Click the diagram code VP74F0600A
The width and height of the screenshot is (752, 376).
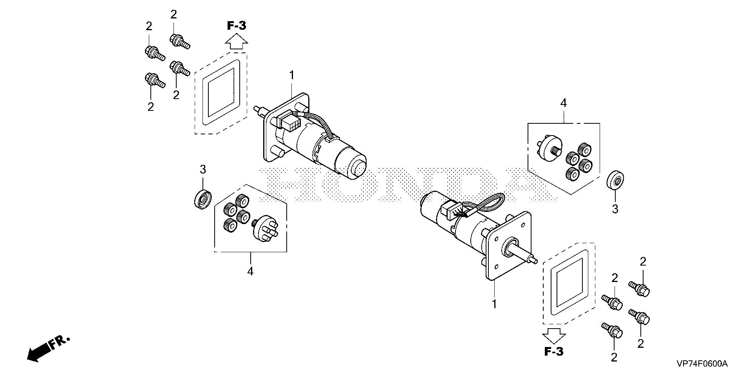pos(701,364)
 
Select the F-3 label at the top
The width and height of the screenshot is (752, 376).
pos(237,26)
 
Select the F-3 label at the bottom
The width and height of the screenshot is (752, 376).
pos(554,351)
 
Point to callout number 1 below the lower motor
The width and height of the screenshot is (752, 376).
pos(494,304)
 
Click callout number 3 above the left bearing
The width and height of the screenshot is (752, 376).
pos(202,170)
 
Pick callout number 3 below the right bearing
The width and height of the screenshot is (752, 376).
pos(615,209)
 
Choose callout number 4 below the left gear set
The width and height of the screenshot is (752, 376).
pos(250,271)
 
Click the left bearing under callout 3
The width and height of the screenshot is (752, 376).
pos(203,199)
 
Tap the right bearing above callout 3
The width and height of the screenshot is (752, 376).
pos(615,181)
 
